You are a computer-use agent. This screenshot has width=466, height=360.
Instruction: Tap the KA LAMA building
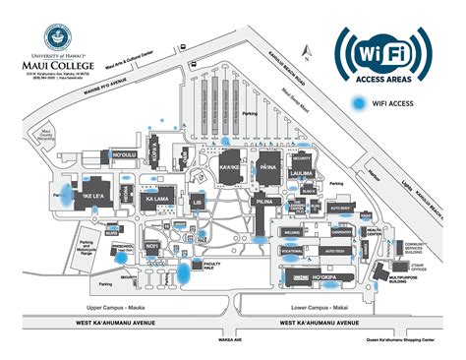pyautogui.click(x=158, y=200)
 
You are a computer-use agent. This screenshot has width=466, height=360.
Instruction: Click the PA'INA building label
pyautogui.click(x=269, y=168)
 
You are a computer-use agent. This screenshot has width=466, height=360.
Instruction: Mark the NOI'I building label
pyautogui.click(x=152, y=246)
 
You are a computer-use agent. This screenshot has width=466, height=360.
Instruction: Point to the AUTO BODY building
pyautogui.click(x=340, y=209)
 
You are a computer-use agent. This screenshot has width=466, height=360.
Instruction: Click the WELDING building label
pyautogui.click(x=292, y=233)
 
